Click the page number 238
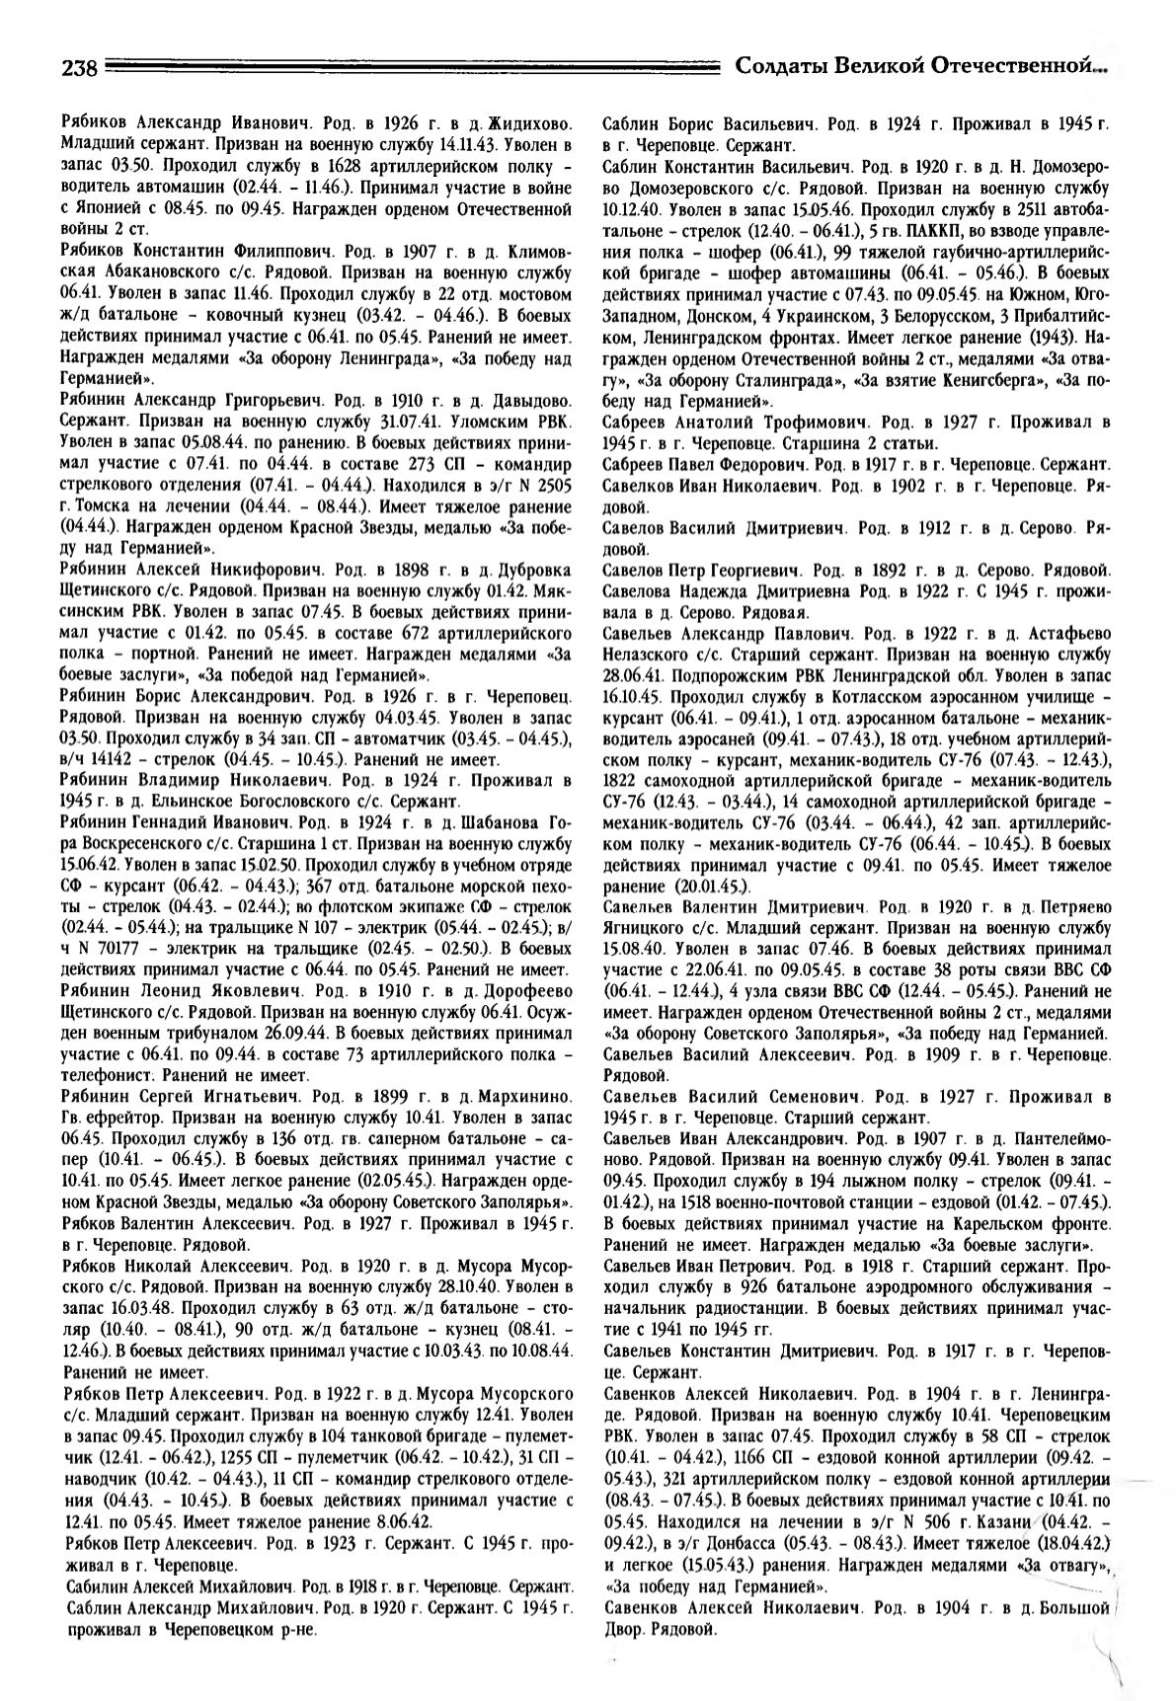(77, 68)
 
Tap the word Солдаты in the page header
(781, 66)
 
